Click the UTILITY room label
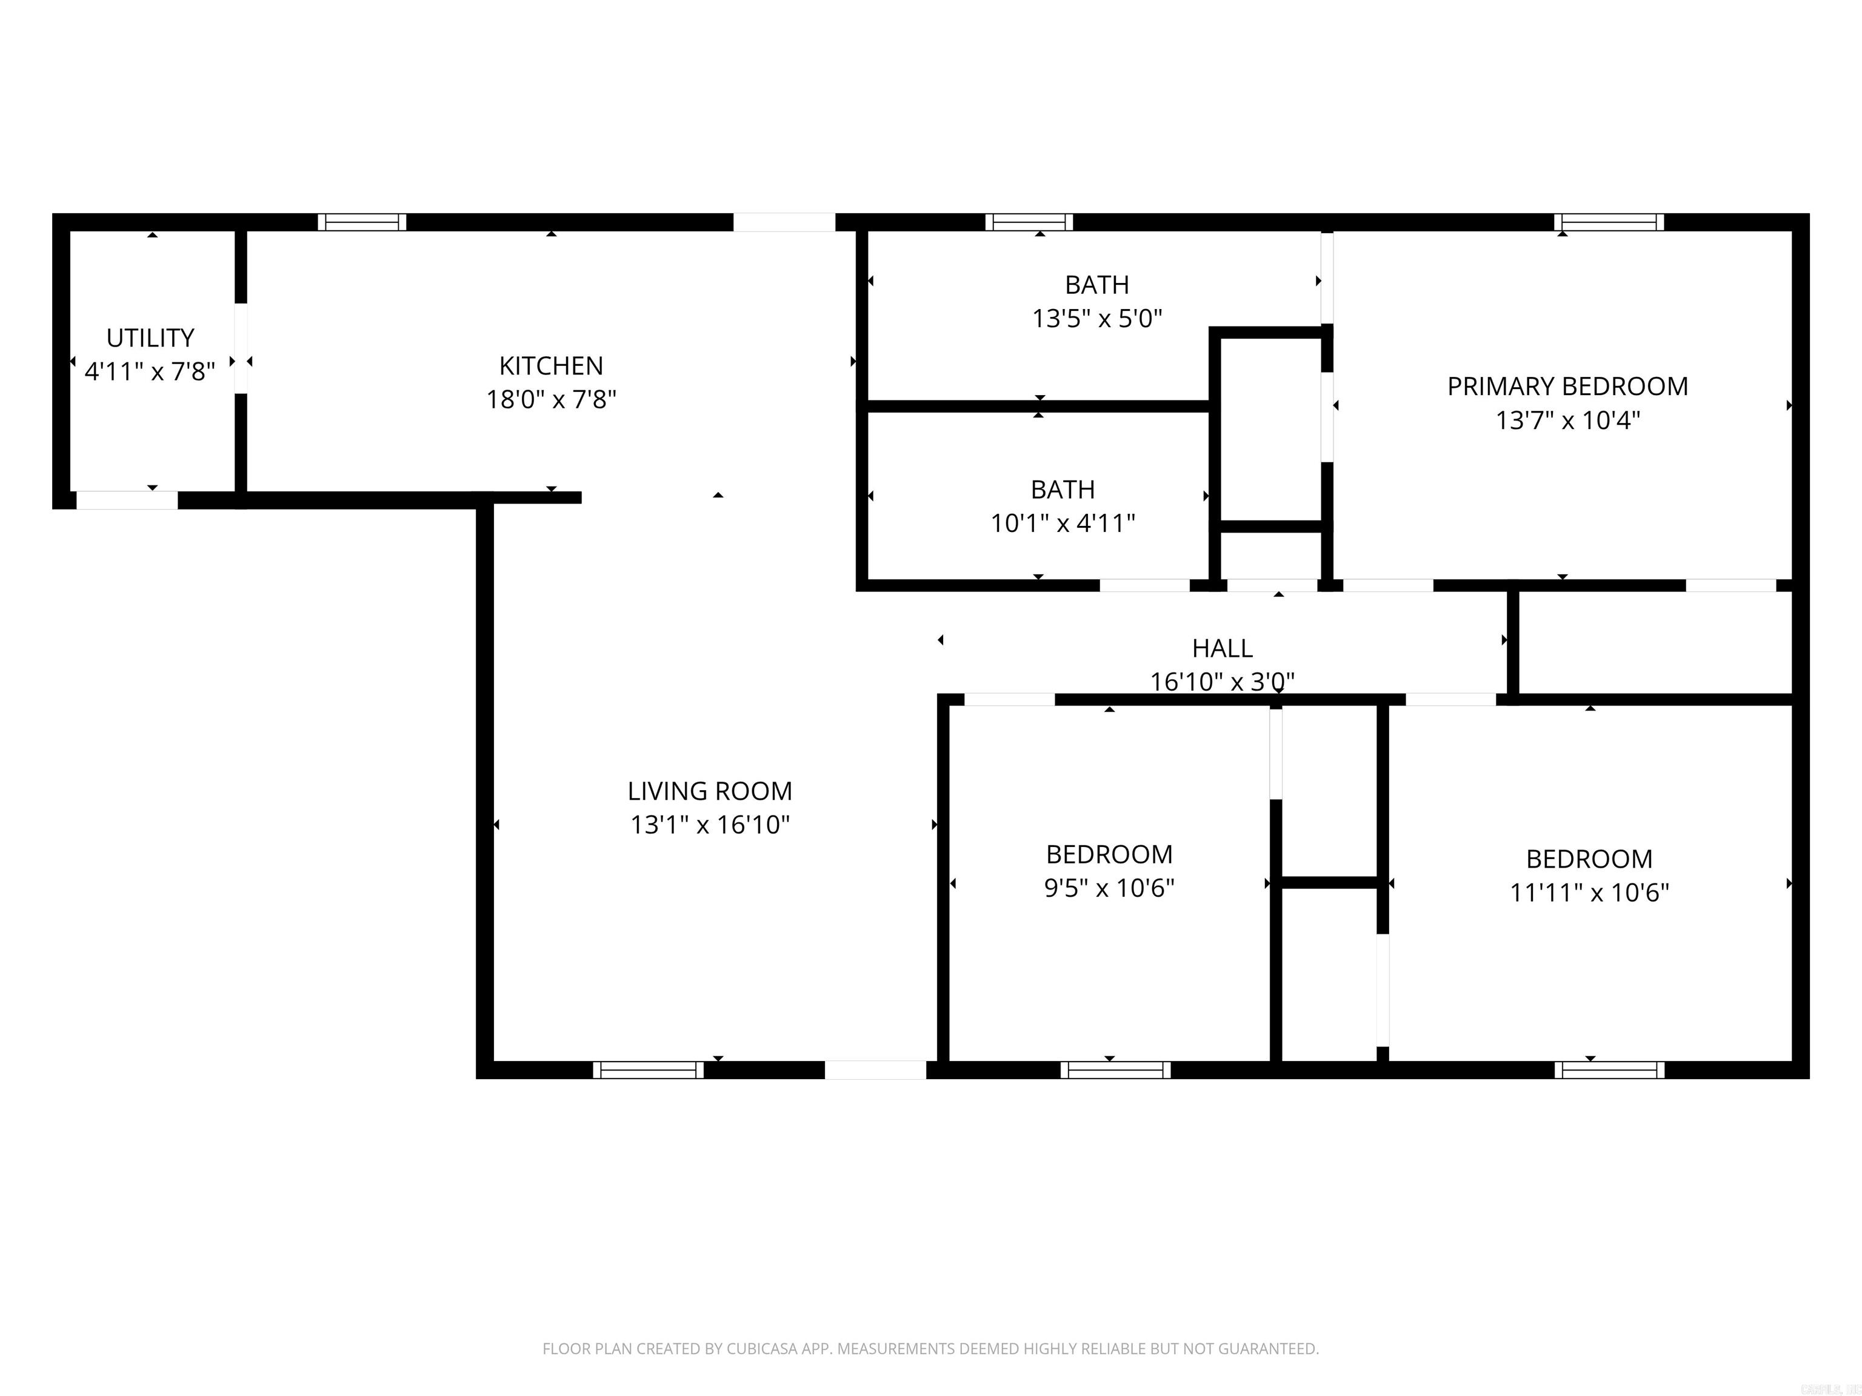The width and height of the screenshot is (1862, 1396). [x=150, y=337]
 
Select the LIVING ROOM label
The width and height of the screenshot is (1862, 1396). [x=710, y=791]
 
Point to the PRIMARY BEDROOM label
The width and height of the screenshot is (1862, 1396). [x=1567, y=386]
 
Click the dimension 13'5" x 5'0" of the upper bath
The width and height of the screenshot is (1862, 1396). [x=1097, y=319]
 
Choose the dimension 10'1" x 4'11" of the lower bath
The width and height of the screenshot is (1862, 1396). [x=1063, y=523]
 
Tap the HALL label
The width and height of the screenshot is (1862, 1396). [x=1223, y=648]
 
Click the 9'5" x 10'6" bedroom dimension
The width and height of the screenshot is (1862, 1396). [x=1109, y=888]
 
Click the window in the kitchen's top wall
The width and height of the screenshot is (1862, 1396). [x=362, y=222]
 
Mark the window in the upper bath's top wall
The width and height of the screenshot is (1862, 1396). [x=1029, y=222]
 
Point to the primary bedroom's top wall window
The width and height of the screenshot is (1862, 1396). [x=1609, y=222]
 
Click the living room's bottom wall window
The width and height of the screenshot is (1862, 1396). [x=648, y=1069]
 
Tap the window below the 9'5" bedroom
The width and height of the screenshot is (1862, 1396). [x=1115, y=1069]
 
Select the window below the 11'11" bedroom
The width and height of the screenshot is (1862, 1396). [x=1609, y=1069]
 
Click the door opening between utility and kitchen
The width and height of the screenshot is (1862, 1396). [x=241, y=348]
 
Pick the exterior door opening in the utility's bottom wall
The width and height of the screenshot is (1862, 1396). [x=127, y=500]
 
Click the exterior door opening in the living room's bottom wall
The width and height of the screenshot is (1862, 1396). [x=875, y=1069]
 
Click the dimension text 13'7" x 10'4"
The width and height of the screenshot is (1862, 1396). [x=1567, y=420]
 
